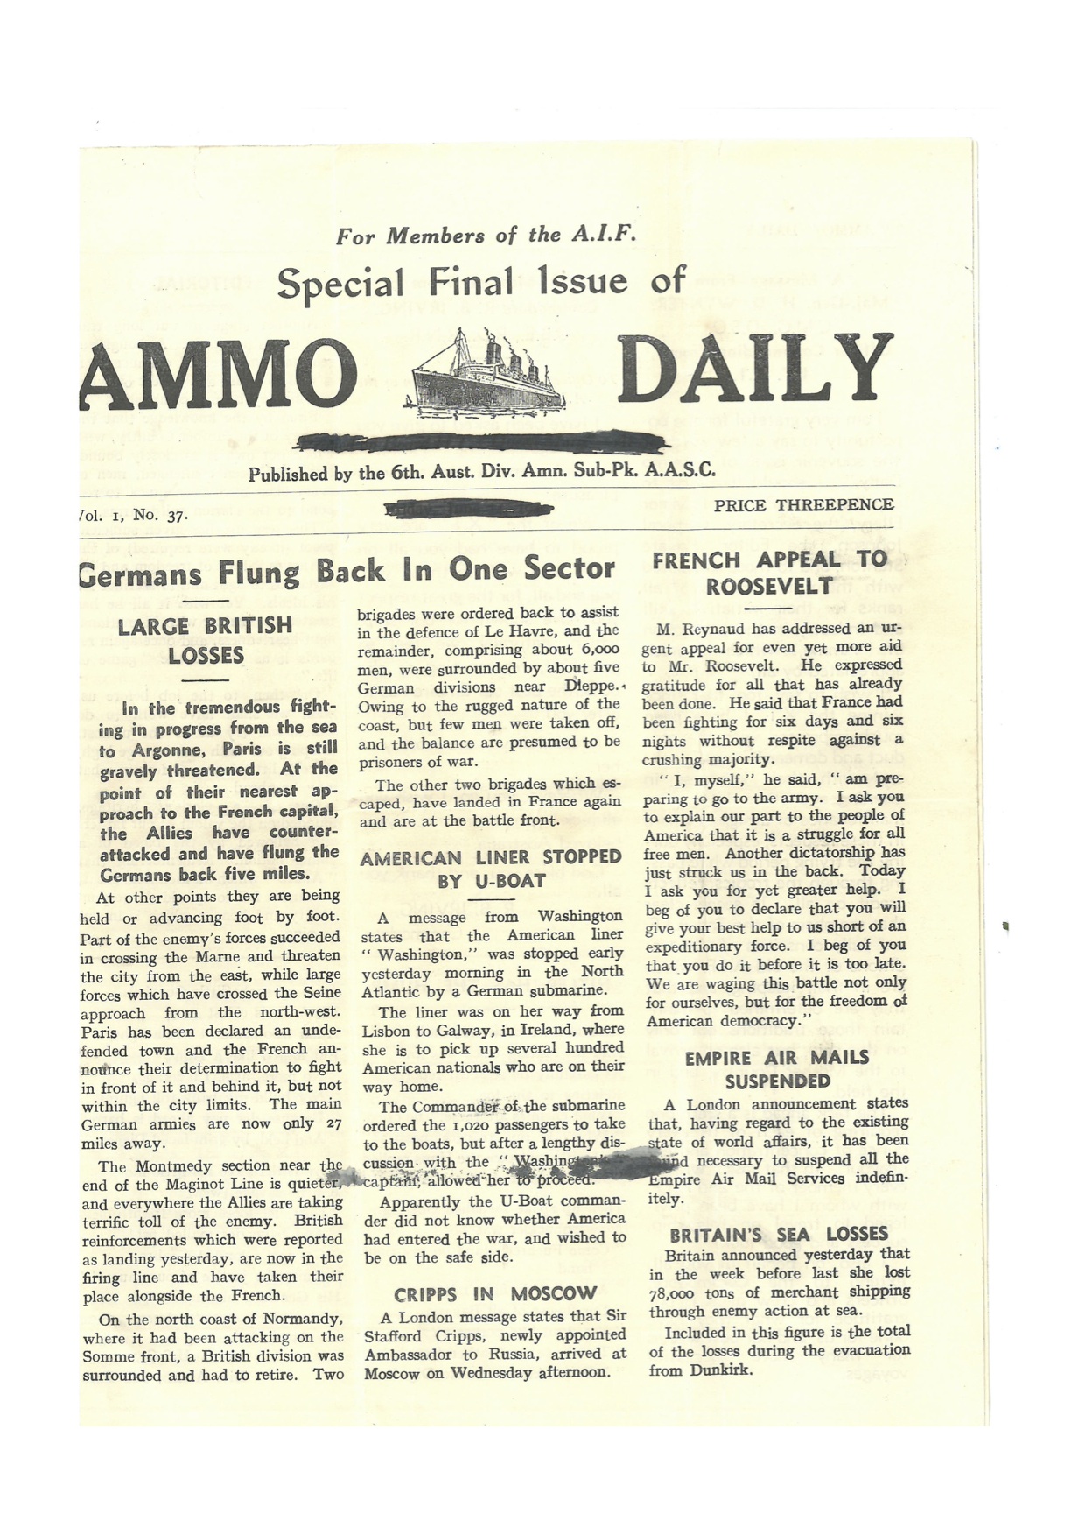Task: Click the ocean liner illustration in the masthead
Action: click(x=485, y=372)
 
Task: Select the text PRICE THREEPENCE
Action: click(x=803, y=505)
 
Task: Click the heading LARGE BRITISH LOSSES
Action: click(x=206, y=641)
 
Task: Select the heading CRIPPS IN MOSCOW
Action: click(x=494, y=1294)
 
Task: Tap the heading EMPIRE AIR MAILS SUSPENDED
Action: click(x=776, y=1069)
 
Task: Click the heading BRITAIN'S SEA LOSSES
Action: click(x=779, y=1235)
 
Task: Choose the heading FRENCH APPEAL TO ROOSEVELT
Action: click(x=769, y=573)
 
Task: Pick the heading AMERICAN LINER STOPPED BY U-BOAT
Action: click(x=491, y=869)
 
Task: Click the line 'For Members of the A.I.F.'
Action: click(x=486, y=236)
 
